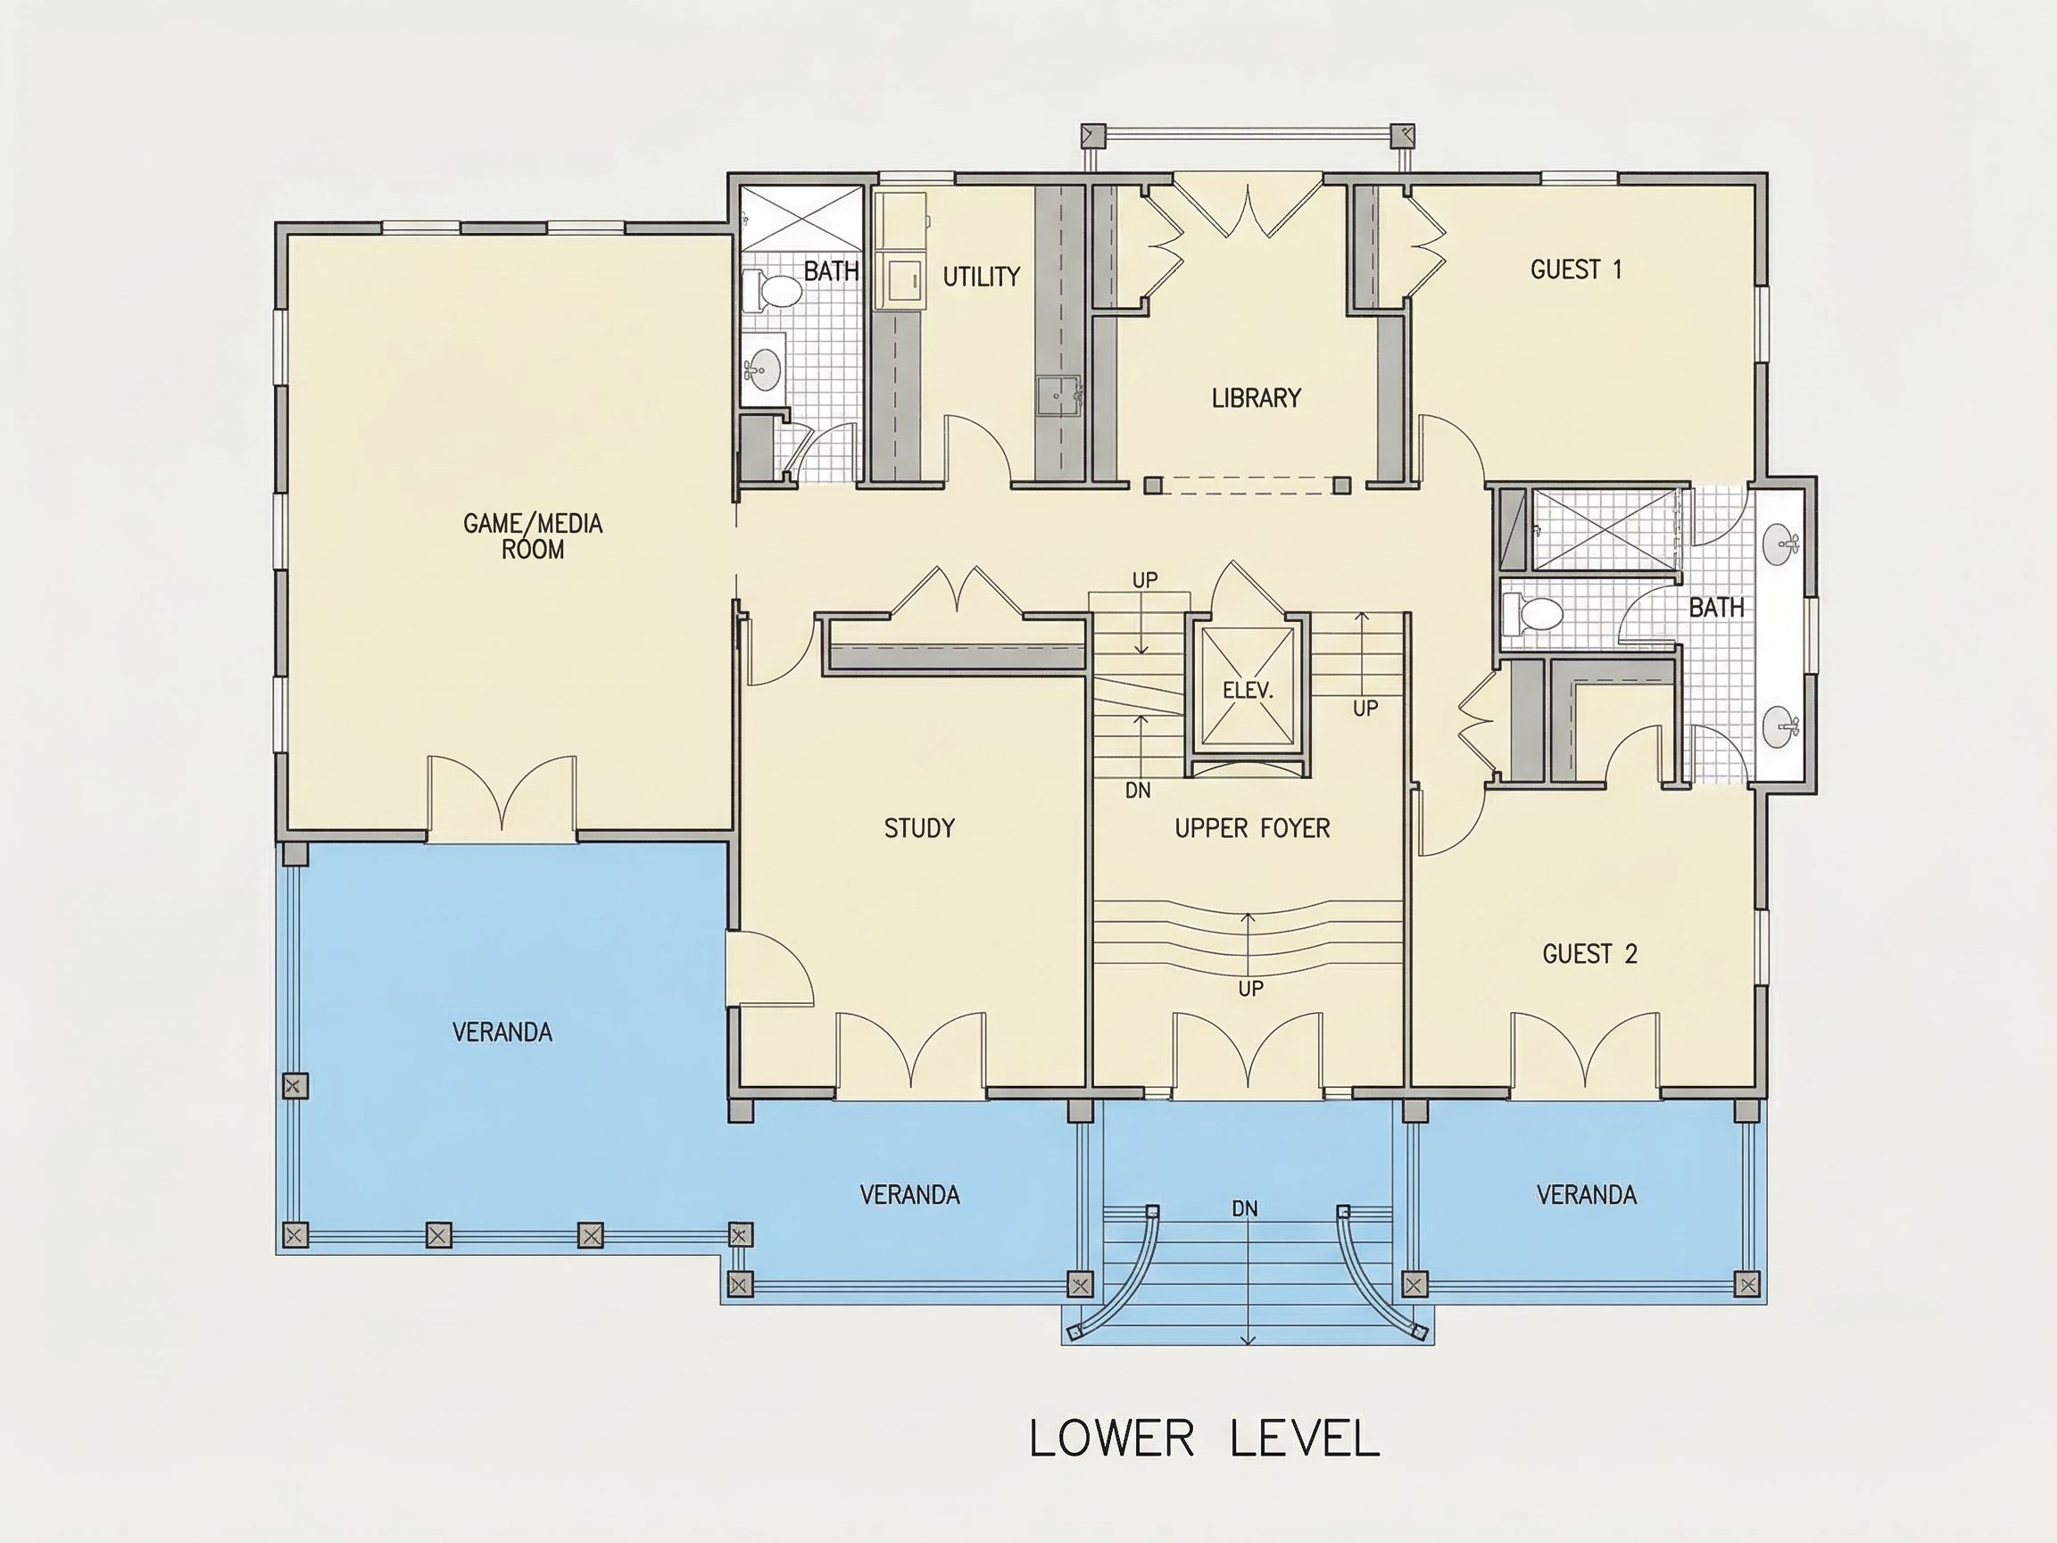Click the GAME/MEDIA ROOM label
[x=533, y=535]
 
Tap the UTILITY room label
[x=981, y=277]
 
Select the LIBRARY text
[x=1257, y=398]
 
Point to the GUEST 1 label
[x=1576, y=270]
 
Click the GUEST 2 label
[x=1590, y=953]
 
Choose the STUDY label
[x=920, y=828]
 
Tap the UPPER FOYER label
[x=1253, y=828]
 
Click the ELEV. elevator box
[x=1247, y=688]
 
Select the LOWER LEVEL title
[x=1205, y=1438]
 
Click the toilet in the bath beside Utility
[x=771, y=289]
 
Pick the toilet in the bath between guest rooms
[x=1533, y=614]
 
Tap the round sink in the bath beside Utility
[x=765, y=369]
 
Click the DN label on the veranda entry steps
[x=1245, y=1208]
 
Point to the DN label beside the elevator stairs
[x=1138, y=791]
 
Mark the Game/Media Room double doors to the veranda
[x=502, y=795]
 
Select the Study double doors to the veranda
[x=910, y=1051]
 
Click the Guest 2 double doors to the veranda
[x=1586, y=1051]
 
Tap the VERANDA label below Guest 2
[x=1587, y=1194]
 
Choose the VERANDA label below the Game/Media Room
[x=502, y=1032]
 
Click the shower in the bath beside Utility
[x=801, y=219]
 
